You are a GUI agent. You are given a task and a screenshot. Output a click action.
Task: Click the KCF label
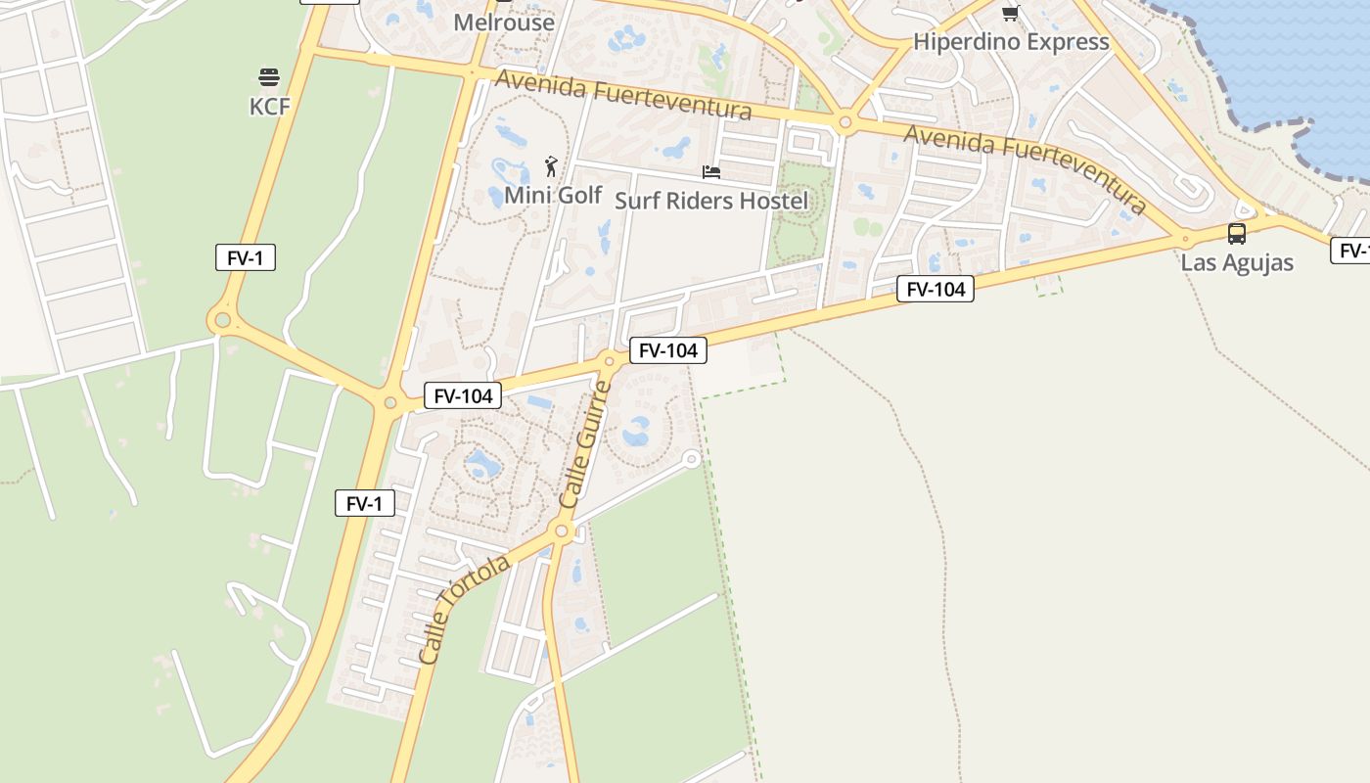point(270,107)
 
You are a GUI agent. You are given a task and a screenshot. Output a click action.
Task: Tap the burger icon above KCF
point(269,77)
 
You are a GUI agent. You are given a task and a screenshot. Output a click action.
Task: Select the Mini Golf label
point(553,195)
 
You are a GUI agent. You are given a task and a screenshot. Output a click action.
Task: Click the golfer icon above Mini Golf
point(552,165)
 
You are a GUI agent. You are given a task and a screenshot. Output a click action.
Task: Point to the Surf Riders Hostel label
point(711,201)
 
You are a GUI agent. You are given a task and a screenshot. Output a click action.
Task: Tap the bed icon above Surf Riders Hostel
point(711,172)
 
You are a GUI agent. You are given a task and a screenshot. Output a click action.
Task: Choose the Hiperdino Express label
point(1011,42)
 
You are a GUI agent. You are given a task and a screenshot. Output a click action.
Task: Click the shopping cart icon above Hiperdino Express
point(1010,14)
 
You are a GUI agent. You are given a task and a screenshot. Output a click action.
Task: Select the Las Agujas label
point(1237,262)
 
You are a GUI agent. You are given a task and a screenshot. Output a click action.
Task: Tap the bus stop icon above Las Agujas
point(1237,233)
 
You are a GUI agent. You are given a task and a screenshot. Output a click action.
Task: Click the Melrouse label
point(504,22)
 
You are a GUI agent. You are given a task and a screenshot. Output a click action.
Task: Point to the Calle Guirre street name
point(585,442)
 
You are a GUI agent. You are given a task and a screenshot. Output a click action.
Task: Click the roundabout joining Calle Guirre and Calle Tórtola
point(562,531)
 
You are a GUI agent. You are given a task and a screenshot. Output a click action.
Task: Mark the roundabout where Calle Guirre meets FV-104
point(609,362)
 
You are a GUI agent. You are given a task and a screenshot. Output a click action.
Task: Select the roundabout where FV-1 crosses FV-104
point(390,402)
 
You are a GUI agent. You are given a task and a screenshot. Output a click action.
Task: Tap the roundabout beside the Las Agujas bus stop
point(1185,238)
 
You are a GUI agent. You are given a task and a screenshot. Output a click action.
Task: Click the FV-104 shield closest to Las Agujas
point(935,289)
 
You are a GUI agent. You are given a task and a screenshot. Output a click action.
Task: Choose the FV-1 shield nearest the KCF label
point(245,258)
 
